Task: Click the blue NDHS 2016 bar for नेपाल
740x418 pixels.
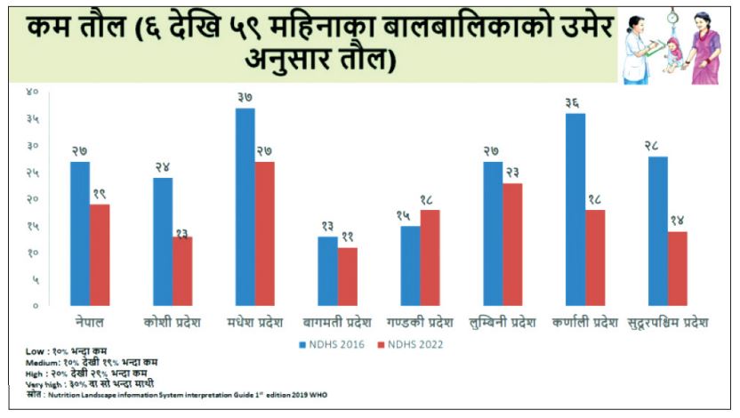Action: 79,234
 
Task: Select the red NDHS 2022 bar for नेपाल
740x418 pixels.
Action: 100,255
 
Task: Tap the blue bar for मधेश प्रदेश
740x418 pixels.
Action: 245,207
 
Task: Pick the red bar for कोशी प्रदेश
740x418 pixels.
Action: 182,271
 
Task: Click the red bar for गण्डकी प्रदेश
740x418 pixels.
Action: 430,258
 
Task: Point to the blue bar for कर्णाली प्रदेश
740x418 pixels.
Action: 575,210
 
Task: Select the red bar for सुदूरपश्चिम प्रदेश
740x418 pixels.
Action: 678,269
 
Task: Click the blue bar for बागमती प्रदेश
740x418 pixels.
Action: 327,271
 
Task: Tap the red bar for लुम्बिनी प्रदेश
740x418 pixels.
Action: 512,245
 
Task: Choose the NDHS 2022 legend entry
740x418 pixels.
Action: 411,343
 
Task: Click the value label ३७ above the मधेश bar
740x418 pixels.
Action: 245,97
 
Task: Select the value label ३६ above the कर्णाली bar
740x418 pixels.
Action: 574,102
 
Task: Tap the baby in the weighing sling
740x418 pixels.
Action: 673,52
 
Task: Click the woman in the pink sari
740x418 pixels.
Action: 704,49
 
